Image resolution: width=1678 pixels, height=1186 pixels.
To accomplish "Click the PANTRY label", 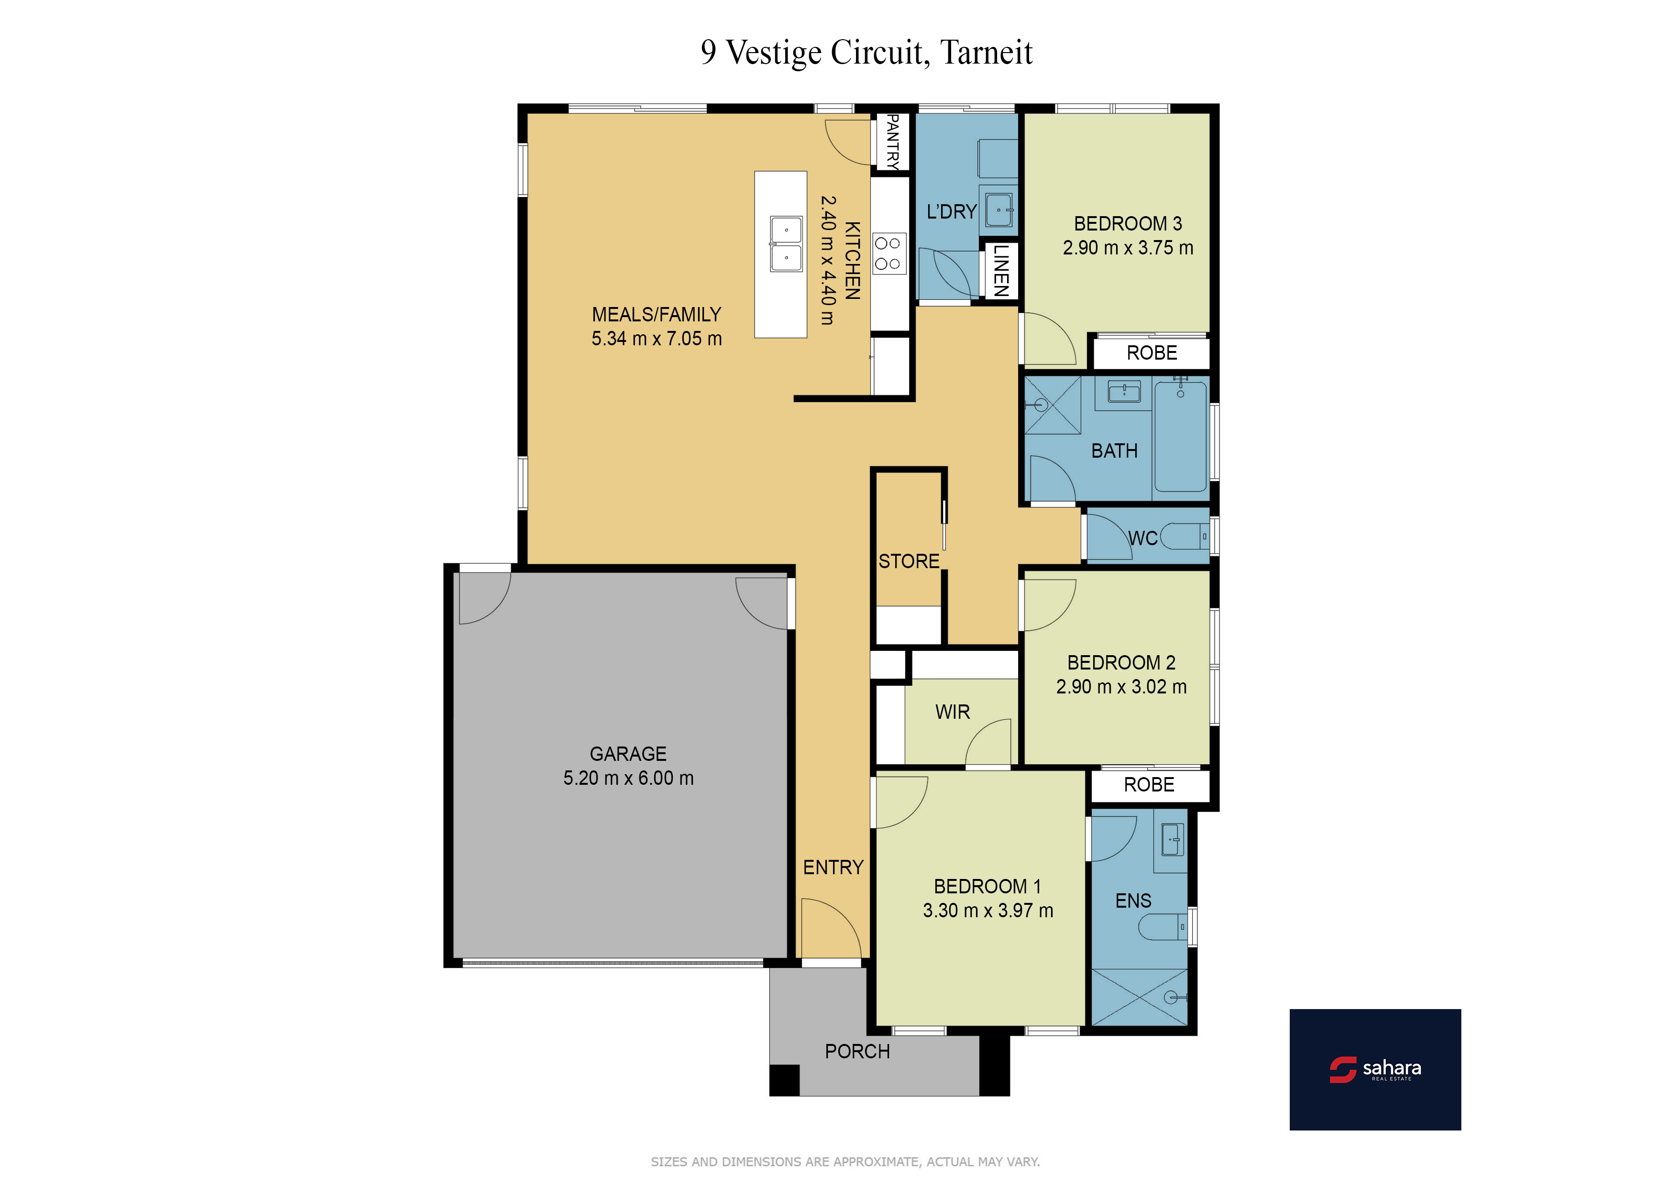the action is [892, 142].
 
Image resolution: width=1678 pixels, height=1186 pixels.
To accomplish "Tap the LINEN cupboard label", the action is [1001, 270].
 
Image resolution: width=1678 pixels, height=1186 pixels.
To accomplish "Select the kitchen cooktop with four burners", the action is [888, 253].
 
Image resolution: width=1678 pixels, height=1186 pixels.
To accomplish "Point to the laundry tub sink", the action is [999, 210].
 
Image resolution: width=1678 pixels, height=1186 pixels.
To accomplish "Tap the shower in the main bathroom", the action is [1053, 406].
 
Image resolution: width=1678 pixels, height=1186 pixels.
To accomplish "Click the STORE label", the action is [909, 561].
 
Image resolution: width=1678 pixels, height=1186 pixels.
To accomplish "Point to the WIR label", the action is [952, 712].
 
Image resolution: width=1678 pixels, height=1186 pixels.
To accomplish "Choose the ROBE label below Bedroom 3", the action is [1152, 353].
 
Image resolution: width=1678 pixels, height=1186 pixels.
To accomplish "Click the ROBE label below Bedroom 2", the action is [1149, 785].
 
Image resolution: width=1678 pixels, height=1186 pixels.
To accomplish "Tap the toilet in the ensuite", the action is [1163, 927].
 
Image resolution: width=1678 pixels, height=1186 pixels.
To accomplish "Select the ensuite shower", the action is [1140, 998].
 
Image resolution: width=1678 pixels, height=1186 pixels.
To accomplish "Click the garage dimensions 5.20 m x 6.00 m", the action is [628, 778].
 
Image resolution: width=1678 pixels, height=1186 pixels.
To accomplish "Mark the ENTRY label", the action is [833, 868].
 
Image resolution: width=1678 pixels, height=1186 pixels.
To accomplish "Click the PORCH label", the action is [857, 1052].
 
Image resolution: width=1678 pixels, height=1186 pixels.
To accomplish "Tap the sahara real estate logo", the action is [1375, 1069].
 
